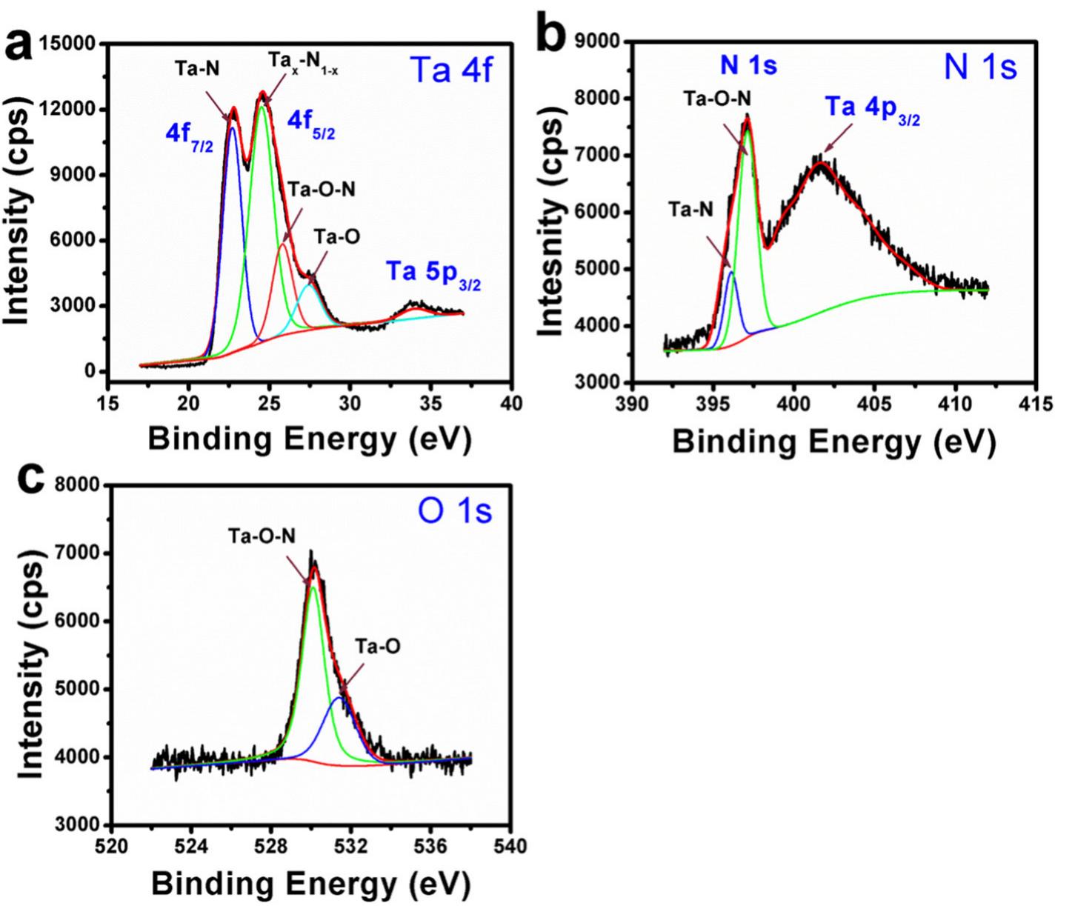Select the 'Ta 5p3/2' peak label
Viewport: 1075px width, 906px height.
(x=432, y=274)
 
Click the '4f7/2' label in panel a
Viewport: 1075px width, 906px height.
(x=189, y=138)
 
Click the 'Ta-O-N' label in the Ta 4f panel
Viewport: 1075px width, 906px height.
(x=322, y=190)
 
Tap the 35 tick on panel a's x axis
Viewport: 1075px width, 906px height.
(x=430, y=403)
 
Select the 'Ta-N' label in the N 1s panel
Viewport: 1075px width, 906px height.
(x=690, y=210)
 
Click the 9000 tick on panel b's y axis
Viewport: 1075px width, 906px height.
(x=600, y=42)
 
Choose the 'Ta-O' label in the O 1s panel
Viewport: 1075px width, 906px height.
(x=378, y=647)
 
